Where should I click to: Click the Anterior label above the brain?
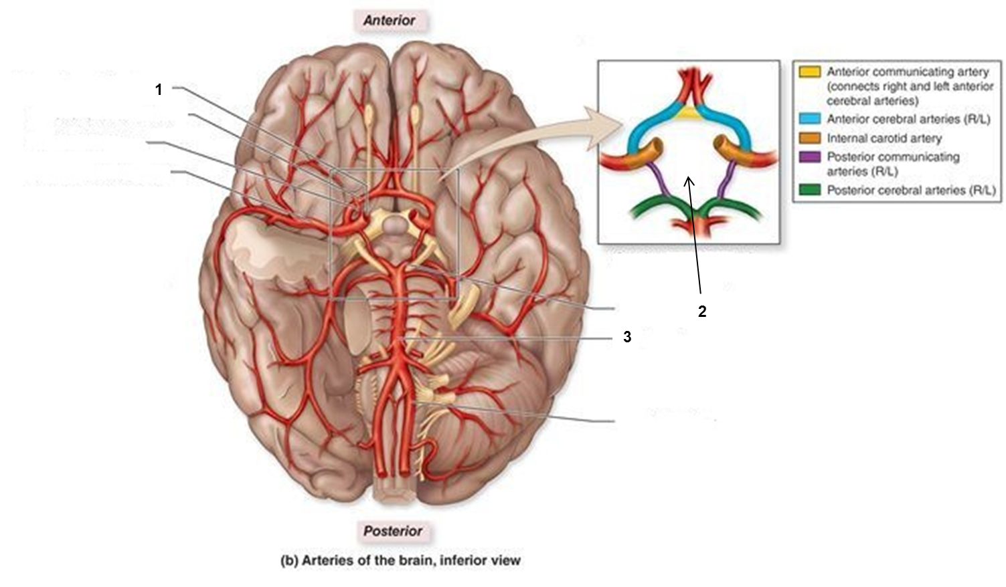[x=389, y=21]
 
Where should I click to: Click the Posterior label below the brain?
[x=393, y=531]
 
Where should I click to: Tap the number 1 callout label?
[x=159, y=90]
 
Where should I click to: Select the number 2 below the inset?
[x=701, y=312]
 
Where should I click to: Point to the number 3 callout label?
[x=627, y=338]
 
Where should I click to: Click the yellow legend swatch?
[x=810, y=72]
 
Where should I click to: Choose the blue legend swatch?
[x=810, y=119]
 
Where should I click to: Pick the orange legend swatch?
[x=810, y=138]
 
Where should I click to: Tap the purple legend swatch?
[x=810, y=157]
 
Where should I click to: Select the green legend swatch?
[x=810, y=190]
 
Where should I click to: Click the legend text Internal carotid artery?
[x=884, y=138]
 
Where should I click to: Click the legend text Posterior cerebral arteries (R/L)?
[x=911, y=190]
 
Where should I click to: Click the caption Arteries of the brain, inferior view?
[x=400, y=560]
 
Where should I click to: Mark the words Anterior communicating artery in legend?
[x=907, y=72]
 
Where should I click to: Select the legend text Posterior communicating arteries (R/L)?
[x=893, y=164]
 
